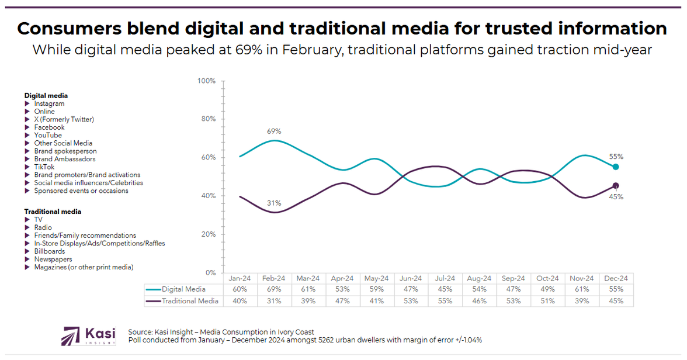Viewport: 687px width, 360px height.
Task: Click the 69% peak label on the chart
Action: pos(274,131)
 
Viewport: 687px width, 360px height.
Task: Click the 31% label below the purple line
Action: pos(274,203)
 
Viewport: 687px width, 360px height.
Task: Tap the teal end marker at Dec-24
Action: pos(616,167)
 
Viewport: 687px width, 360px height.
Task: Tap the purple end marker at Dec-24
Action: pos(616,186)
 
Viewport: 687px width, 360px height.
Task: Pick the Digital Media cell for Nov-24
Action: pos(582,289)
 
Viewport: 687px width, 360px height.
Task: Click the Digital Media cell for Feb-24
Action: pos(274,289)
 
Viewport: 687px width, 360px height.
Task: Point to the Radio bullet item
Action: pos(43,227)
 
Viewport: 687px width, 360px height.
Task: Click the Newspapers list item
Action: pos(53,259)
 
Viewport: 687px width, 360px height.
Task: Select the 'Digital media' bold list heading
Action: pos(46,95)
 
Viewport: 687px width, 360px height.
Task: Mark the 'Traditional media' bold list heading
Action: pos(53,212)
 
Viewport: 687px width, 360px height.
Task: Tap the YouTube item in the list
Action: pos(47,135)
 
